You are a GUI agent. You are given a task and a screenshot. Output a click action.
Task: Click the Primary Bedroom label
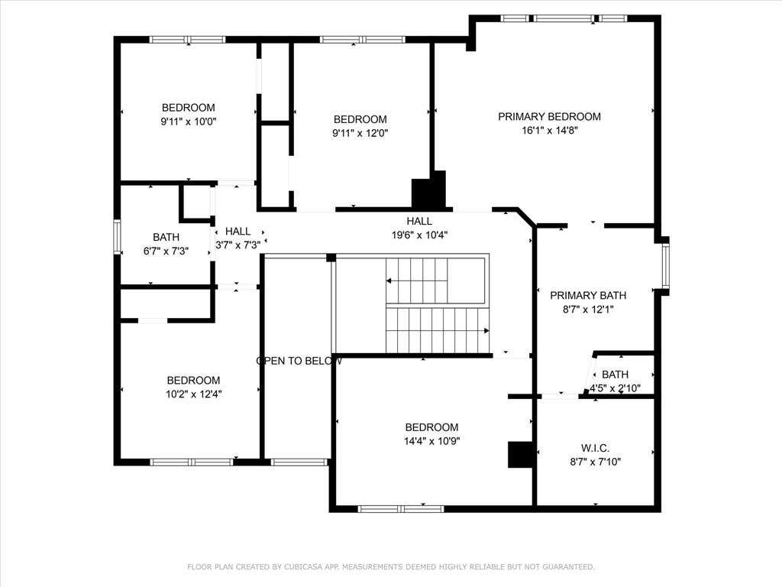click(549, 117)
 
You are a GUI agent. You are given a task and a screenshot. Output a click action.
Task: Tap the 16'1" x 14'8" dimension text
click(549, 130)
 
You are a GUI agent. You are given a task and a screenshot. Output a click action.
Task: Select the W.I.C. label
click(595, 448)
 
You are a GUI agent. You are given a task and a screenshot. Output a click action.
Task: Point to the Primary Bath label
click(588, 296)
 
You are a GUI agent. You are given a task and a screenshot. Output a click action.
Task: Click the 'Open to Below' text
click(299, 361)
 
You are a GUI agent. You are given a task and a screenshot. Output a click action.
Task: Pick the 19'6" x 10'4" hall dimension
click(419, 235)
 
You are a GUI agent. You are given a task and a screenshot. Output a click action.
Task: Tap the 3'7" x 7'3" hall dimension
click(238, 245)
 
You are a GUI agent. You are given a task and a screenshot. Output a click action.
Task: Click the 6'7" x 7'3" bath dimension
click(166, 251)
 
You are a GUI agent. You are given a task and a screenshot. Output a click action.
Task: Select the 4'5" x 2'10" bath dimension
click(616, 388)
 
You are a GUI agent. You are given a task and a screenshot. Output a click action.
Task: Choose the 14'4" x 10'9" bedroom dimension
click(432, 441)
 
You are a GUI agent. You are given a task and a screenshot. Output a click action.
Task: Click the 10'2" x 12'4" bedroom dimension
click(193, 394)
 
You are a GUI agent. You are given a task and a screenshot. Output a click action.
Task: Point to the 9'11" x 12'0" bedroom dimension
click(360, 133)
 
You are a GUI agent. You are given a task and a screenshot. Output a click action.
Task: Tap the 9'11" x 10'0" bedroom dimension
click(189, 122)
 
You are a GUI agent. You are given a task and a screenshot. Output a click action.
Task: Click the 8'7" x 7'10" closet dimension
click(596, 462)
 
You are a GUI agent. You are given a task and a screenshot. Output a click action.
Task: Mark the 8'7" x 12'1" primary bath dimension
click(588, 310)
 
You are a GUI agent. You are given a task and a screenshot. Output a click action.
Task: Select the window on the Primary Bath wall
click(665, 266)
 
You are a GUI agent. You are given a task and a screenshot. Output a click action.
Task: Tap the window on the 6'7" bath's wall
click(117, 237)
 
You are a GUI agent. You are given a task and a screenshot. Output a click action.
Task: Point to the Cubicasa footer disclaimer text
click(391, 567)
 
